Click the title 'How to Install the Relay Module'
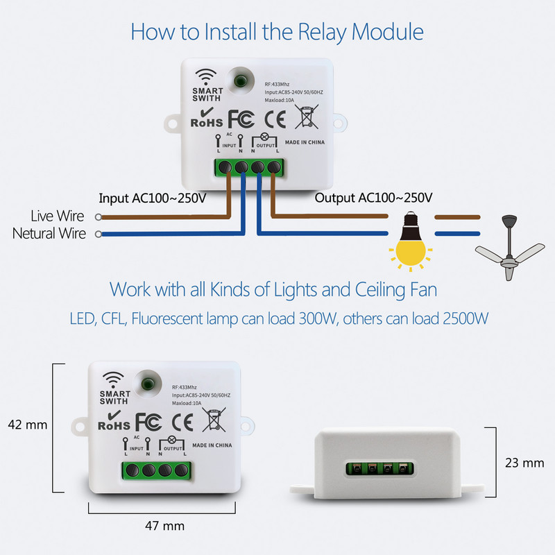pyautogui.click(x=277, y=32)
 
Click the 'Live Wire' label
pyautogui.click(x=58, y=216)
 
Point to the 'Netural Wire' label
pyautogui.click(x=49, y=234)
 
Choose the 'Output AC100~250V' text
pyautogui.click(x=374, y=198)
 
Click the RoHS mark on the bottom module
pyautogui.click(x=114, y=422)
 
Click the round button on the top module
pyautogui.click(x=241, y=80)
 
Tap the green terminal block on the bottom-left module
pyautogui.click(x=157, y=469)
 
